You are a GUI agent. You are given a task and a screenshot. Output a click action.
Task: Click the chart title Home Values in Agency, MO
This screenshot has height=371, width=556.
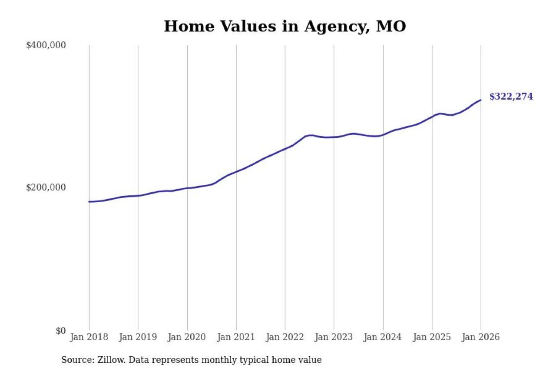285,27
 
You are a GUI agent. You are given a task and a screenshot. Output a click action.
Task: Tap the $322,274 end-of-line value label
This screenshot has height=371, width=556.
511,97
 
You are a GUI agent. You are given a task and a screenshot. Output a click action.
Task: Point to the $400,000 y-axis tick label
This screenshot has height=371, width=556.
46,45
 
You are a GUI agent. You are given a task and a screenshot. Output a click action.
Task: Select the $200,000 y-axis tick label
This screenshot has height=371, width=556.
46,187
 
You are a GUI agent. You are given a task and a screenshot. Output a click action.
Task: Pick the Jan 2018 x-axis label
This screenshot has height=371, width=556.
89,338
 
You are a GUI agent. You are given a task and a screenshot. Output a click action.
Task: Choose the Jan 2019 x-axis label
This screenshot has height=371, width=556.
138,338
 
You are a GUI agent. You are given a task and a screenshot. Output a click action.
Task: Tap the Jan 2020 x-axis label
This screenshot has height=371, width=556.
187,338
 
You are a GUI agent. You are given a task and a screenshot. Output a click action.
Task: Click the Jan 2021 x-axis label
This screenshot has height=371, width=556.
236,338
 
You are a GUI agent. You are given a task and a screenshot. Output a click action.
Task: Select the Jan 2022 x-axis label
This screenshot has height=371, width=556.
285,338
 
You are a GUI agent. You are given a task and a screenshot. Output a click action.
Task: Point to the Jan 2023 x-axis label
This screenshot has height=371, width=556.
334,338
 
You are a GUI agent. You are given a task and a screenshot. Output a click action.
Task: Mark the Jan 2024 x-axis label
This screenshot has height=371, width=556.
383,338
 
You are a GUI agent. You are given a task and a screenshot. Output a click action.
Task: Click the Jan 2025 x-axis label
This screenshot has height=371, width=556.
432,338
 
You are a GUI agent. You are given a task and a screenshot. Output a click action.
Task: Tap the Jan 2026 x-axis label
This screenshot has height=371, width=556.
481,338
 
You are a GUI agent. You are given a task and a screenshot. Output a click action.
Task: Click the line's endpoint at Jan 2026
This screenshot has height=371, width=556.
481,100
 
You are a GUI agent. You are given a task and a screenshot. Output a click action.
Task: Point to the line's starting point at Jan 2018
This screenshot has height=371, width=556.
89,201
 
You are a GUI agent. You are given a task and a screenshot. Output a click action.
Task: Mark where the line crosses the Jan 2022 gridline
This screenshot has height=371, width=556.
285,148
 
